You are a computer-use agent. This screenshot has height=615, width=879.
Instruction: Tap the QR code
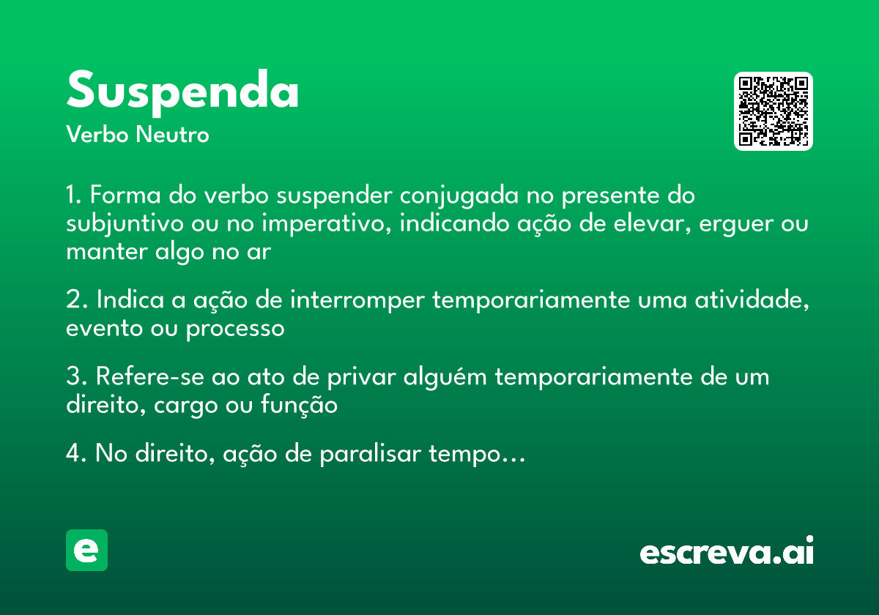pos(774,111)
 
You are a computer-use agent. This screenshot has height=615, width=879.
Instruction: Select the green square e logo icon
pos(86,550)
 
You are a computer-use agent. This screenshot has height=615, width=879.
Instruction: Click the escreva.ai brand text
pos(727,552)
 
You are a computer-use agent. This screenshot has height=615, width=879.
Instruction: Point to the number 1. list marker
pos(75,196)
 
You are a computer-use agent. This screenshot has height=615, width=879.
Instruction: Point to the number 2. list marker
pos(77,301)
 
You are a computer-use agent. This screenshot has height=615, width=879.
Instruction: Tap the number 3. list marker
pos(77,377)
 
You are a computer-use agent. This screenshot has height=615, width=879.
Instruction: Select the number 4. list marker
pos(77,454)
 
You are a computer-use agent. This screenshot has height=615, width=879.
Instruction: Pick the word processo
pos(234,329)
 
